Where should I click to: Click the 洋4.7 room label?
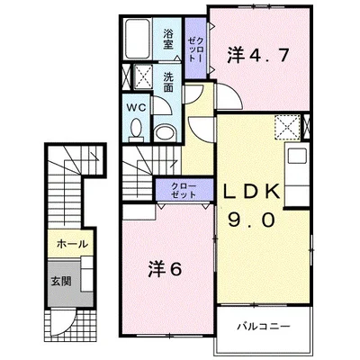pos(257,55)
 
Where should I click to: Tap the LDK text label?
pos(252,192)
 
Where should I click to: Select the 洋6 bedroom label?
pos(165,268)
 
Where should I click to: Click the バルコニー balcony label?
pos(264,326)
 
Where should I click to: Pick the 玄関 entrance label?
pos(61,281)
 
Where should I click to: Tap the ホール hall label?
pos(72,244)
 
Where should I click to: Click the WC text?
pos(136,108)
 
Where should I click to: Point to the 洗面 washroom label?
pos(168,82)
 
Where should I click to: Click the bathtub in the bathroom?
pos(138,39)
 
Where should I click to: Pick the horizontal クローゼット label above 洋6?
pos(184,191)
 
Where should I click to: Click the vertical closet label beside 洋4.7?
pos(195,49)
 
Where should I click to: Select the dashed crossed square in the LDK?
pos(287,127)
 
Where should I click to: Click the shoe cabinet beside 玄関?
pos(87,274)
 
